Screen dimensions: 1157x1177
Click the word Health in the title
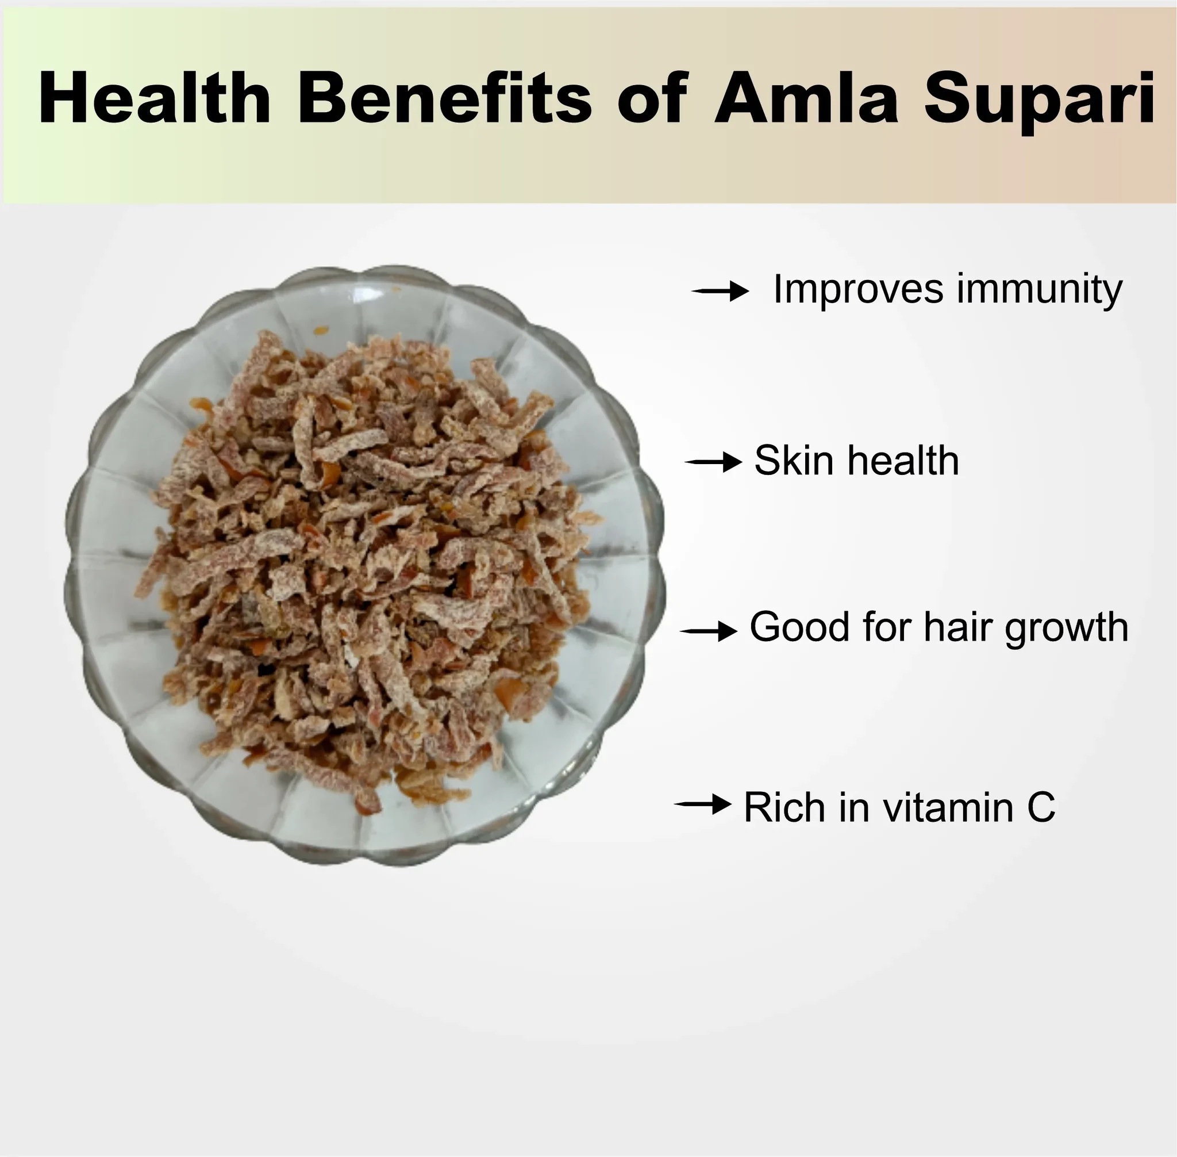154,98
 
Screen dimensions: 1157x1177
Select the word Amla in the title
805,98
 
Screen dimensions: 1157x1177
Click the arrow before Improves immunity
720,291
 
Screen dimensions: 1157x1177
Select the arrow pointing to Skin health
713,462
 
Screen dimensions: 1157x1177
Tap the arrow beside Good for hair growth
708,632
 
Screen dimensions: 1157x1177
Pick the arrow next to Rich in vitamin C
703,804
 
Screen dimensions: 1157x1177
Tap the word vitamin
948,807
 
